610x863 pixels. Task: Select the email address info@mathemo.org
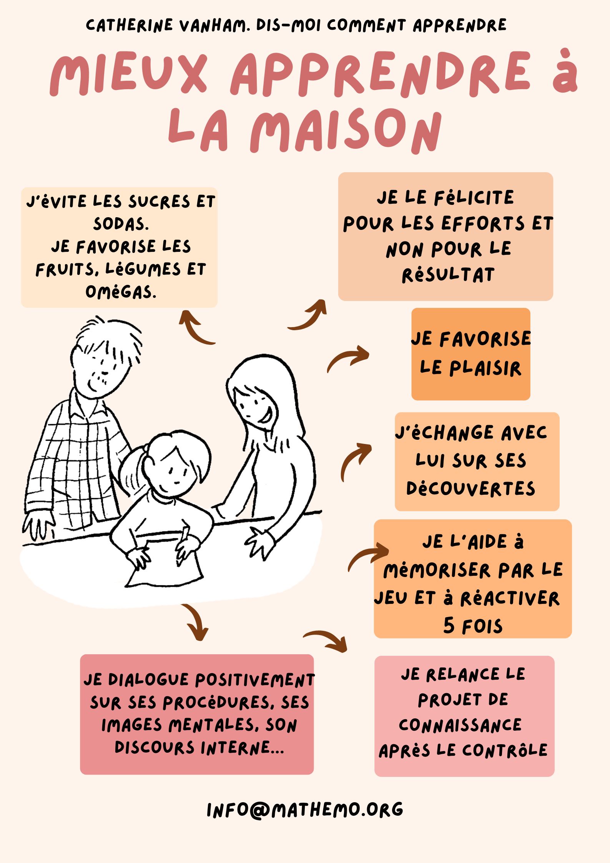pyautogui.click(x=305, y=810)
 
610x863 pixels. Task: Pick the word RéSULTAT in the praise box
pyautogui.click(x=448, y=275)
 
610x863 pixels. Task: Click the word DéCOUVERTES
pyautogui.click(x=470, y=489)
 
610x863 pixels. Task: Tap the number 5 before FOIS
pyautogui.click(x=449, y=625)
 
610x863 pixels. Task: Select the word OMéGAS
pyautogui.click(x=121, y=292)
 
